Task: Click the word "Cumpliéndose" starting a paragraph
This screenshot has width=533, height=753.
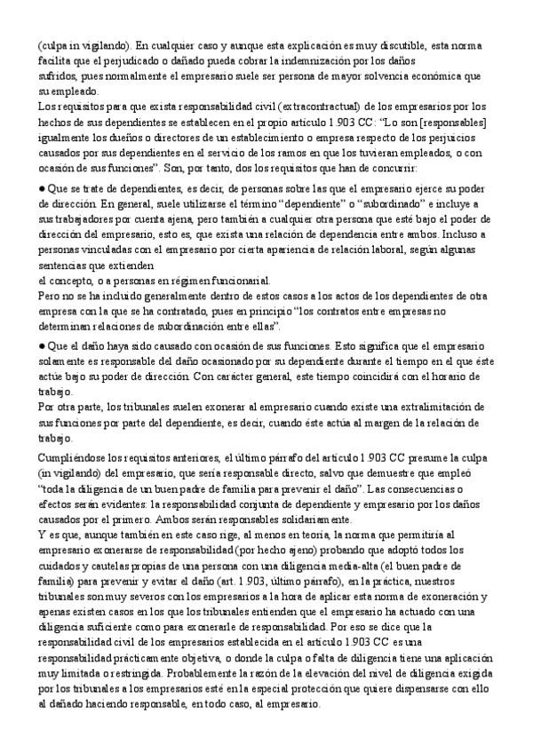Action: click(73, 456)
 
